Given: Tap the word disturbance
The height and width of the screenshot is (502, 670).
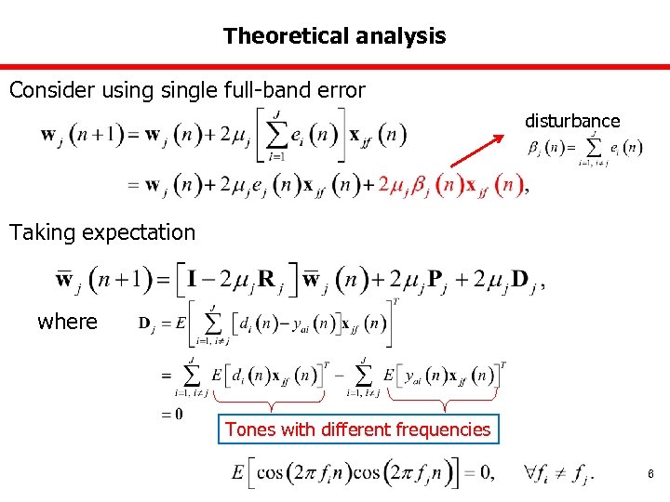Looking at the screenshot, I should [571, 121].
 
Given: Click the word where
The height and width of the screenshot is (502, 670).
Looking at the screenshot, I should [67, 322].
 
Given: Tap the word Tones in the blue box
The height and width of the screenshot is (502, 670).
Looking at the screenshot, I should [249, 429].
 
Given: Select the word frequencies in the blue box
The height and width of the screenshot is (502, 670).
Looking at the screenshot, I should [442, 429].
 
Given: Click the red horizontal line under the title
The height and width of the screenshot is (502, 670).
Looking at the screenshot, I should [335, 66].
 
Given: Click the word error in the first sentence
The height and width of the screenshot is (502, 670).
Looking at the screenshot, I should [342, 90].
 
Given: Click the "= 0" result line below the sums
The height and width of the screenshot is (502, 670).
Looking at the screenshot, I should [171, 414].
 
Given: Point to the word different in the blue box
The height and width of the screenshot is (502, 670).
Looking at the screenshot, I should [357, 429].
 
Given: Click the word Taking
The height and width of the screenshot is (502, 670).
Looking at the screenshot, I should [42, 232].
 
